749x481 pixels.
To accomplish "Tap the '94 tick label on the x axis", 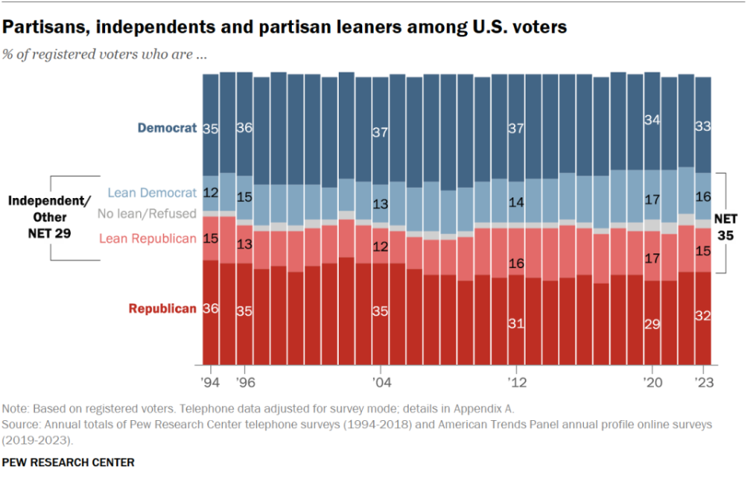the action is tap(210, 383).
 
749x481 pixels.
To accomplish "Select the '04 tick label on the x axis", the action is tap(380, 383).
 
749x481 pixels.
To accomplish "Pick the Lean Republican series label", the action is tap(147, 239).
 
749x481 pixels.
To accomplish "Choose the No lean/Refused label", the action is tap(146, 214).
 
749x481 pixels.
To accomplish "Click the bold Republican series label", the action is tap(162, 309).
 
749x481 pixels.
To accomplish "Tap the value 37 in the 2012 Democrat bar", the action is tap(515, 128).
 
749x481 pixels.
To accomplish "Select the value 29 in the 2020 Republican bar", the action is tap(652, 324).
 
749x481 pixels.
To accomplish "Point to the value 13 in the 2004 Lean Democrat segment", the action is tap(380, 204).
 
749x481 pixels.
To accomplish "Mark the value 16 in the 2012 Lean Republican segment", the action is tap(515, 263).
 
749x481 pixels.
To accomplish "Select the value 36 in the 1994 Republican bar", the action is tap(210, 309).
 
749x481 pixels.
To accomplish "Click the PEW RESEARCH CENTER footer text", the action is tap(68, 462).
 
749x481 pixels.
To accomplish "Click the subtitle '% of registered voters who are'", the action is tap(104, 55).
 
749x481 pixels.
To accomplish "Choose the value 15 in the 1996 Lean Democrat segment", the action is tap(244, 198).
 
